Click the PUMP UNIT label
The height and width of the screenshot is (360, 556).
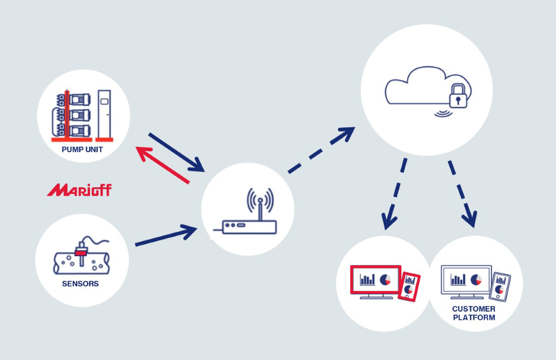[x=82, y=149]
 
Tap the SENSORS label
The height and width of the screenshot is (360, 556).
[x=81, y=284]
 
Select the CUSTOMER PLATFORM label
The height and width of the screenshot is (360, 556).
[x=474, y=313]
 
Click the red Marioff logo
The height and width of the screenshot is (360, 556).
[x=79, y=191]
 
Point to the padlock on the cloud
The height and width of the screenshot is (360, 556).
[x=458, y=96]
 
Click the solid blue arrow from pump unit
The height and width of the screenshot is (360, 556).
[x=176, y=151]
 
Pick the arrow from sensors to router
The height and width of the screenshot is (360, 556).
[x=166, y=237]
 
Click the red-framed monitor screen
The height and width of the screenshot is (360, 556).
[x=375, y=279]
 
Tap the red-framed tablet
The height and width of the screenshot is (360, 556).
[x=410, y=286]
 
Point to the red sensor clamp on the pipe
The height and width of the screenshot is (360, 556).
[x=81, y=253]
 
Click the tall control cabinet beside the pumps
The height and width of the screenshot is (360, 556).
[x=103, y=114]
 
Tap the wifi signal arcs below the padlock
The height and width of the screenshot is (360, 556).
[x=443, y=113]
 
